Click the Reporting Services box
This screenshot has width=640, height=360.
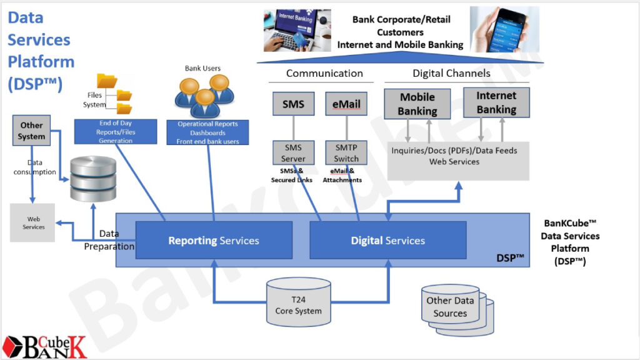pyautogui.click(x=214, y=240)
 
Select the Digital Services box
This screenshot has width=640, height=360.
pyautogui.click(x=387, y=240)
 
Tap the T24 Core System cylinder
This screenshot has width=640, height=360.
pyautogui.click(x=298, y=303)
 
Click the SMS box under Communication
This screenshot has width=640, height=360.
pyautogui.click(x=293, y=104)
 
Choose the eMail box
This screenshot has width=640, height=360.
pyautogui.click(x=346, y=104)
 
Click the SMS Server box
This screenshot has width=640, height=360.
pyautogui.click(x=293, y=153)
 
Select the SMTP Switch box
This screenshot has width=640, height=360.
pyautogui.click(x=346, y=153)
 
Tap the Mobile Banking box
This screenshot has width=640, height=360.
pyautogui.click(x=417, y=104)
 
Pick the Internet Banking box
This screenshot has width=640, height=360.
pyautogui.click(x=496, y=102)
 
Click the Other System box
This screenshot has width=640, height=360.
pyautogui.click(x=31, y=131)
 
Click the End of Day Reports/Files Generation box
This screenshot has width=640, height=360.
pyautogui.click(x=115, y=132)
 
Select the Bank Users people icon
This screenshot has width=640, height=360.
pyautogui.click(x=204, y=96)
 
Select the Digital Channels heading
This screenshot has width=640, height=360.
pyautogui.click(x=451, y=73)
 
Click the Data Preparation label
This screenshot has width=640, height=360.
pyautogui.click(x=109, y=240)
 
